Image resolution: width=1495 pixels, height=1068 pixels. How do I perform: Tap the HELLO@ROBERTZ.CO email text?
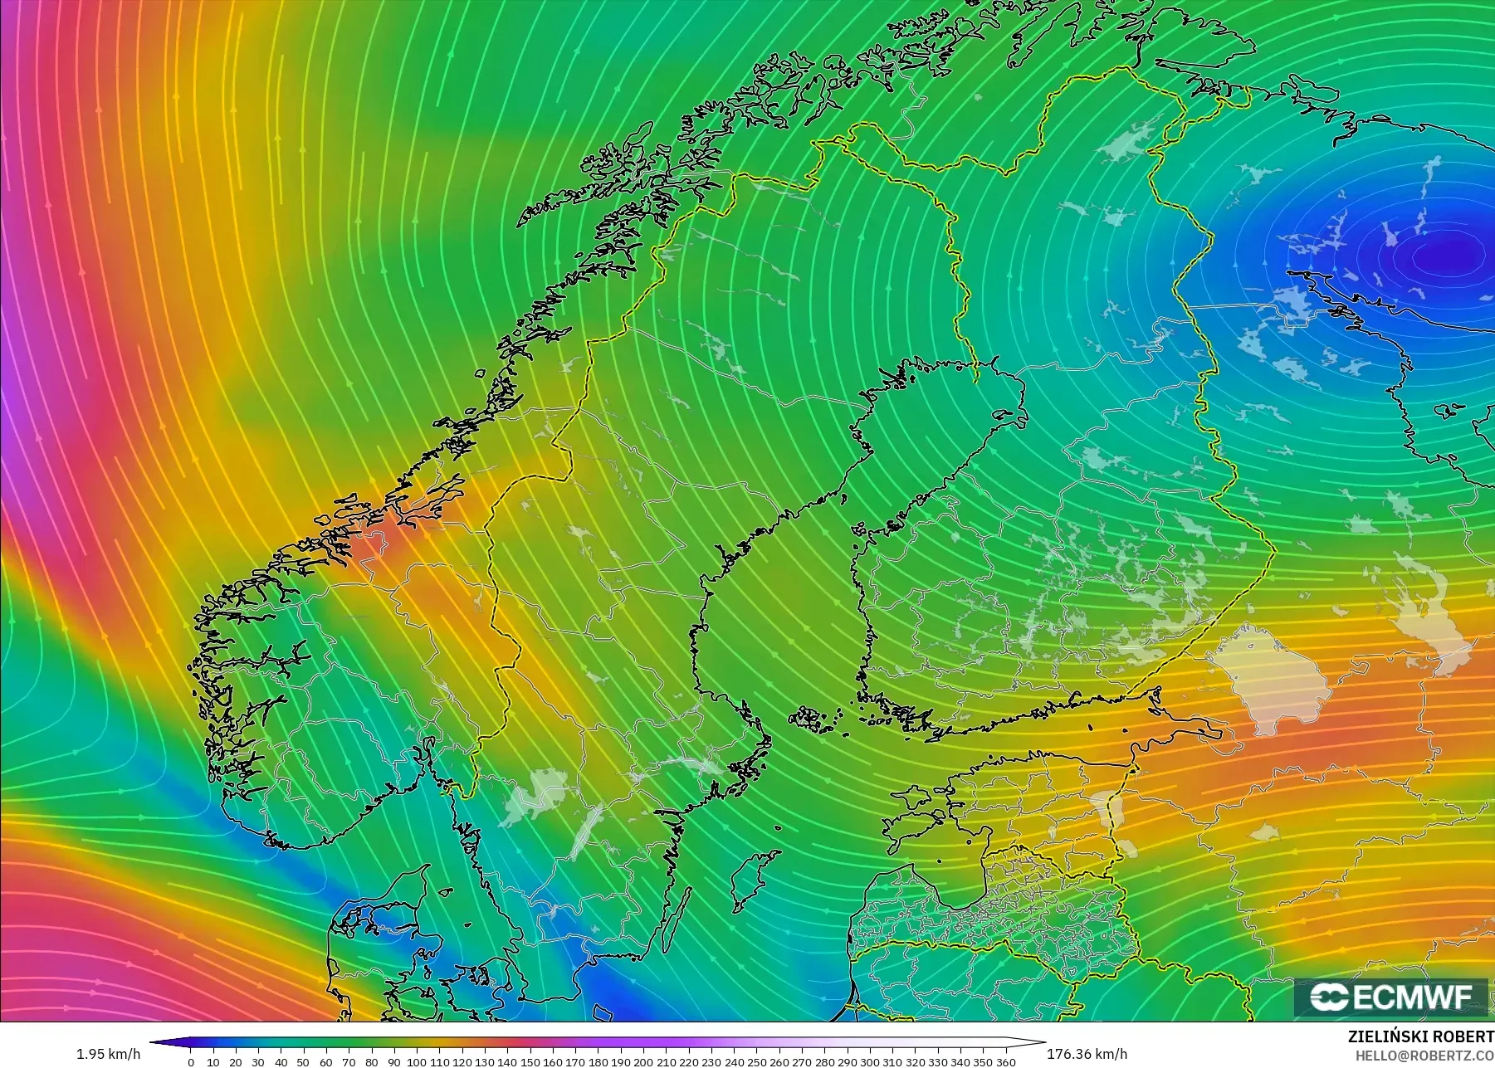coord(1424,1056)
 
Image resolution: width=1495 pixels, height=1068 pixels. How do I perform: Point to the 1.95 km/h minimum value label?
coord(108,1054)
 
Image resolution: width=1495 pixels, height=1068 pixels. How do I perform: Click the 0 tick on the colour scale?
coord(191,1061)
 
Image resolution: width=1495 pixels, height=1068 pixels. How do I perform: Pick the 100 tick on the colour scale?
coord(417,1061)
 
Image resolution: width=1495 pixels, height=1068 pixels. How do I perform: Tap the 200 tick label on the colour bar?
coord(642,1061)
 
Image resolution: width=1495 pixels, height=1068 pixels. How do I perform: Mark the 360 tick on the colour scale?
coord(1005,1061)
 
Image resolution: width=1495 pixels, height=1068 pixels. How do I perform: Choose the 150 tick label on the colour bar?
coord(530,1061)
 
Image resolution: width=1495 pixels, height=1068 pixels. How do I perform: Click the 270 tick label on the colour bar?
coord(801,1061)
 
